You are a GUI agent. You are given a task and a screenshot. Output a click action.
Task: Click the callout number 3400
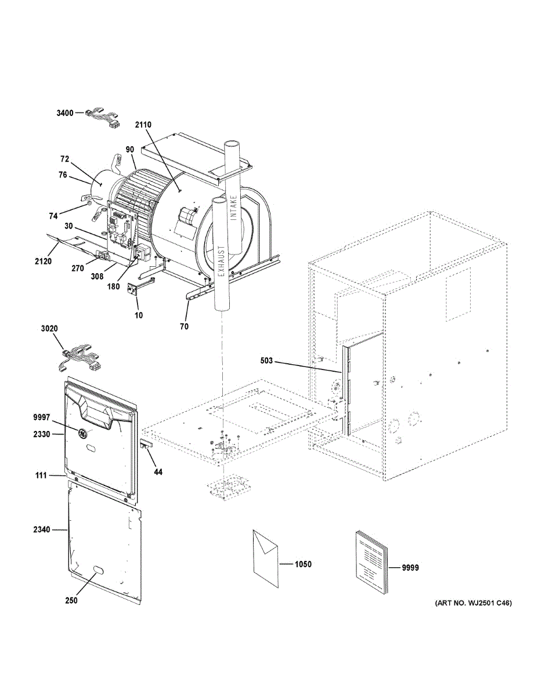point(64,113)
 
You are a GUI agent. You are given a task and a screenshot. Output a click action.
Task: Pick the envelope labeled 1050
point(265,557)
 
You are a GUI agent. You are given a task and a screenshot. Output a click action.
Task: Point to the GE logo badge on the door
point(83,432)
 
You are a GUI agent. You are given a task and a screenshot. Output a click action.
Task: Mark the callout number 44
point(158,472)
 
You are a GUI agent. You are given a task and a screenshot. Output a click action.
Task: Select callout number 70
point(184,327)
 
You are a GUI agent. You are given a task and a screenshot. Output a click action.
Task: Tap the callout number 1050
point(303,564)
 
